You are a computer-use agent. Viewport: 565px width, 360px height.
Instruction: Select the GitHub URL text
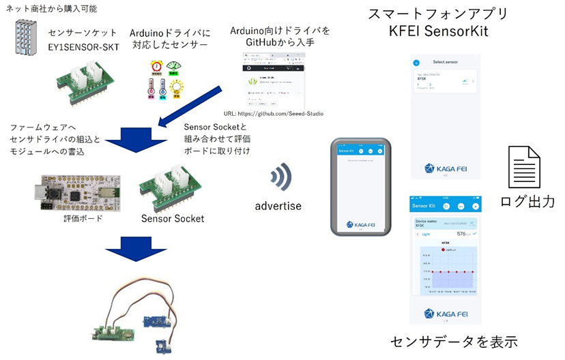pos(274,114)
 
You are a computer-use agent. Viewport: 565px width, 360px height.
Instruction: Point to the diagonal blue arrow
pos(192,106)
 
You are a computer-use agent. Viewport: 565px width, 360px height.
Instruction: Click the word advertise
pos(278,205)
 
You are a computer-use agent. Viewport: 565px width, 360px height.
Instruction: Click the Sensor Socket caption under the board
pos(173,218)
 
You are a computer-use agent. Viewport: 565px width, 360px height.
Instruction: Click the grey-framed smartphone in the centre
pos(361,187)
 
